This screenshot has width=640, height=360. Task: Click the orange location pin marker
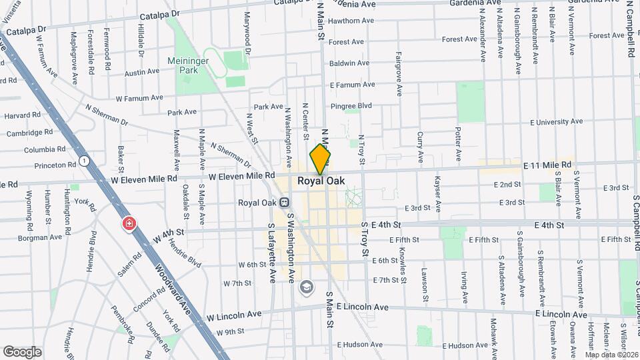(x=321, y=159)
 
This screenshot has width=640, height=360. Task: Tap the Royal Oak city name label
(x=321, y=181)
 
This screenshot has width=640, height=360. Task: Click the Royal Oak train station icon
(x=285, y=202)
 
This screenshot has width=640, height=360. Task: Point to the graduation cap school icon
(x=306, y=287)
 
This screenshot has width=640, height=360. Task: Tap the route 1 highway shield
(x=84, y=161)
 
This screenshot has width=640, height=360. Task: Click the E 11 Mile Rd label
(x=547, y=165)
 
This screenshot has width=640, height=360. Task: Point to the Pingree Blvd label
(x=351, y=105)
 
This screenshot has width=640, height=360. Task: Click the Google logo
(x=22, y=351)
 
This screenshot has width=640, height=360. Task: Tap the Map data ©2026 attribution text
(x=611, y=355)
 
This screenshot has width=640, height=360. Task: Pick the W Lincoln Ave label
(x=234, y=315)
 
